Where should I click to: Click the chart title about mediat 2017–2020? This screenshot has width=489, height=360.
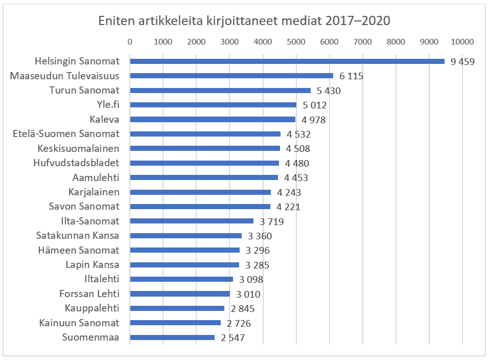pyautogui.click(x=244, y=21)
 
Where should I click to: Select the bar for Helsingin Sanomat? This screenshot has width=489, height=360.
pyautogui.click(x=287, y=61)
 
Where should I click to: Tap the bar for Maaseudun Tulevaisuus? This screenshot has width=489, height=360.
pyautogui.click(x=231, y=76)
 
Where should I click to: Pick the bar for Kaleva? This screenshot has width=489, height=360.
pyautogui.click(x=213, y=120)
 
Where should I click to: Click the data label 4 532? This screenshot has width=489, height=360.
pyautogui.click(x=298, y=134)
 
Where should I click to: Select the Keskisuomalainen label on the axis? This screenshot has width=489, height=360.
pyautogui.click(x=79, y=149)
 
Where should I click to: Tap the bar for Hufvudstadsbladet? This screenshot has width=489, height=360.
pyautogui.click(x=204, y=163)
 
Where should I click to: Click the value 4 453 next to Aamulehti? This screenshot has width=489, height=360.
pyautogui.click(x=296, y=178)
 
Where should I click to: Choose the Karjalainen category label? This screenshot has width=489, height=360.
pyautogui.click(x=94, y=192)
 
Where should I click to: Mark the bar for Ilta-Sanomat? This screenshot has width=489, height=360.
pyautogui.click(x=192, y=221)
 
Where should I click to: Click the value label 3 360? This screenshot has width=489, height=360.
pyautogui.click(x=260, y=236)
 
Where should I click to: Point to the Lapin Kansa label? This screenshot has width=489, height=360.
pyautogui.click(x=92, y=265)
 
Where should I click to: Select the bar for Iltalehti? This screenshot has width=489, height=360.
pyautogui.click(x=181, y=279)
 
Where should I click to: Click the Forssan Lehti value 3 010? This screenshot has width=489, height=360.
pyautogui.click(x=248, y=294)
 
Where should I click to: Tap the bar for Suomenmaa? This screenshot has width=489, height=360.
pyautogui.click(x=172, y=337)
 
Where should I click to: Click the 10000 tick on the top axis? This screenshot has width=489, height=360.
pyautogui.click(x=462, y=42)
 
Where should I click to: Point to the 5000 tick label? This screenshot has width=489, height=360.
pyautogui.click(x=296, y=42)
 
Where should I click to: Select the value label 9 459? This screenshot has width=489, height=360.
pyautogui.click(x=463, y=62)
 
